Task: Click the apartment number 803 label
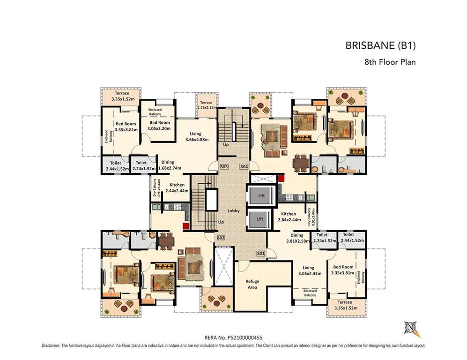tap(223, 167)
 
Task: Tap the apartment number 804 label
tap(244, 167)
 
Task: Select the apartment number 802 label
tap(221, 238)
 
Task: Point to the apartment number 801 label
tap(261, 254)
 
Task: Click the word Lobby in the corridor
tap(234, 211)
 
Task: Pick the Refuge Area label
tap(252, 284)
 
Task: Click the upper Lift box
tap(261, 195)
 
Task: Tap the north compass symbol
tap(411, 327)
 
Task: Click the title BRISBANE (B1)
tap(380, 46)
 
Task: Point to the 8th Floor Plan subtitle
tap(390, 61)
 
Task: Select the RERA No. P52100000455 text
tap(233, 337)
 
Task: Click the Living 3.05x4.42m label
tap(308, 271)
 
